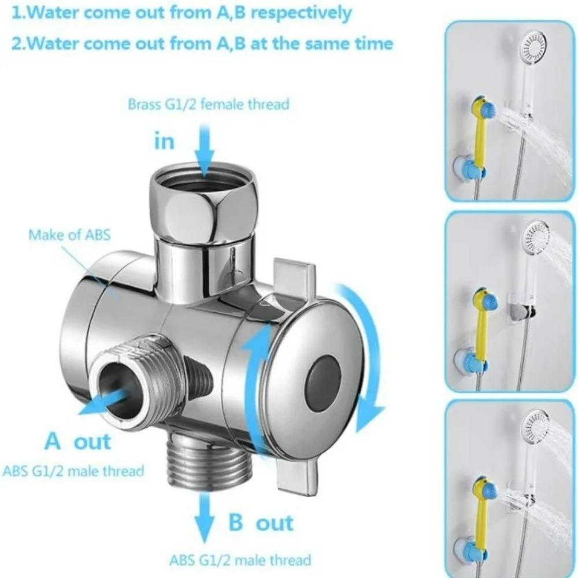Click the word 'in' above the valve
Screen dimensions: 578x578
pos(164,140)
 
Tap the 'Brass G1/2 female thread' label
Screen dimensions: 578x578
pos(208,105)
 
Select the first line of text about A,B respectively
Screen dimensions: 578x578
pos(181,13)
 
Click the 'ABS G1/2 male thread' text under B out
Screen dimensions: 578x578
pos(240,560)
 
